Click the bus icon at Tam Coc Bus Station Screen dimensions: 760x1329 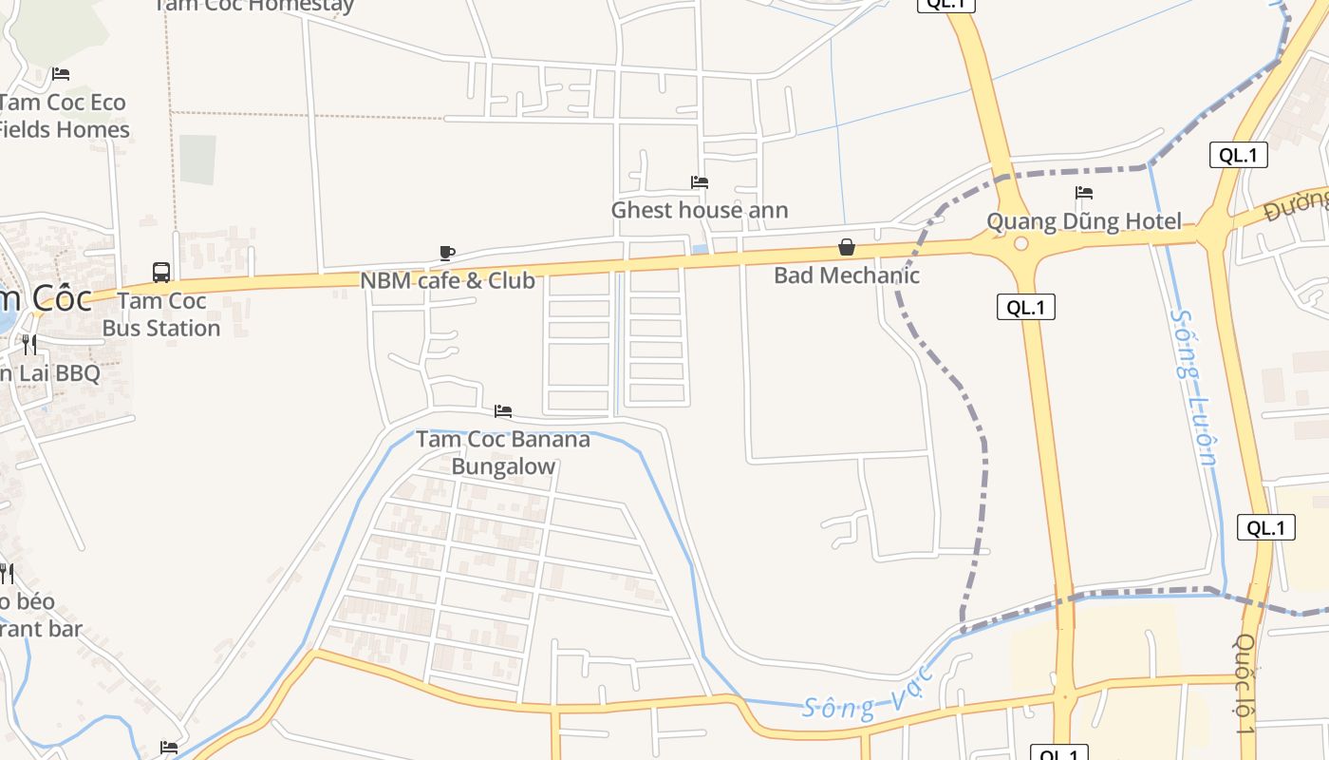(161, 273)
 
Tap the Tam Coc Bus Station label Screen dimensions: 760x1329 (160, 314)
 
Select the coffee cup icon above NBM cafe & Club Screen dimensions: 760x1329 (447, 253)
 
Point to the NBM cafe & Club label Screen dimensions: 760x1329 (447, 280)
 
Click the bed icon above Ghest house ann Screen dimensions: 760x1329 (700, 182)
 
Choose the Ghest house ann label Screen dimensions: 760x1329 (700, 210)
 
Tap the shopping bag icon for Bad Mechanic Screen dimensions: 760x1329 (846, 248)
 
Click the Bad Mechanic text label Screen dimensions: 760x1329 (846, 275)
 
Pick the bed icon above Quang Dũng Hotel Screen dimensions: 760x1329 (1084, 194)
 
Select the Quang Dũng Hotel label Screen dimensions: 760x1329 (1084, 221)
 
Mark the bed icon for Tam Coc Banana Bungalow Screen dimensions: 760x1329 (503, 411)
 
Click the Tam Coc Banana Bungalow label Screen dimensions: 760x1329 (503, 452)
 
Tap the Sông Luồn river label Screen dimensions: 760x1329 (1194, 385)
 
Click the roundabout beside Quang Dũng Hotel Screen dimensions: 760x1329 (1021, 244)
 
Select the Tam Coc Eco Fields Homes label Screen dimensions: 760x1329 (64, 115)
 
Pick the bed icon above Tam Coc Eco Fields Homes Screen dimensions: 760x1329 (61, 74)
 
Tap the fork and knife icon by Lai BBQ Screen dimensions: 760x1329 (29, 344)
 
